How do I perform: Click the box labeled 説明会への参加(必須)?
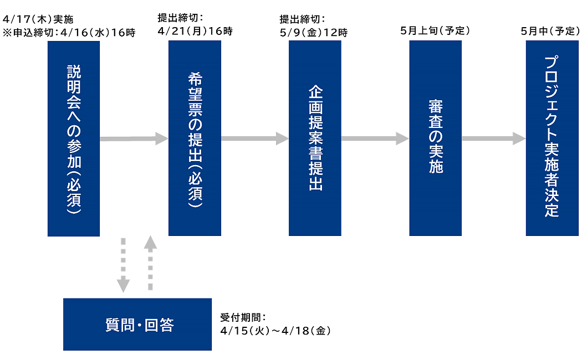pyautogui.click(x=74, y=138)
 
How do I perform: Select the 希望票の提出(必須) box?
pyautogui.click(x=195, y=138)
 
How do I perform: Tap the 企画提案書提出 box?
pyautogui.click(x=315, y=138)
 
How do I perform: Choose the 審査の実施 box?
pyautogui.click(x=436, y=138)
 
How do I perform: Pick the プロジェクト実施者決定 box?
pyautogui.click(x=552, y=138)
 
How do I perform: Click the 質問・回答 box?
pyautogui.click(x=137, y=325)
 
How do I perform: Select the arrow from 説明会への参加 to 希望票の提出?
pyautogui.click(x=134, y=138)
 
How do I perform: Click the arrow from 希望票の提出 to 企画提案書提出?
pyautogui.click(x=254, y=138)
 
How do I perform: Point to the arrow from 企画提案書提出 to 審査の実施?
pyautogui.click(x=375, y=138)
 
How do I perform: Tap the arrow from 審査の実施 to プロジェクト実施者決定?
pyautogui.click(x=493, y=138)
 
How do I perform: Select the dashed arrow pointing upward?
pyautogui.click(x=150, y=263)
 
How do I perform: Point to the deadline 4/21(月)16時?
pyautogui.click(x=195, y=31)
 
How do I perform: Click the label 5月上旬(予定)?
pyautogui.click(x=435, y=31)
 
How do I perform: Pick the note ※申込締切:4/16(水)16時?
pyautogui.click(x=69, y=32)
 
